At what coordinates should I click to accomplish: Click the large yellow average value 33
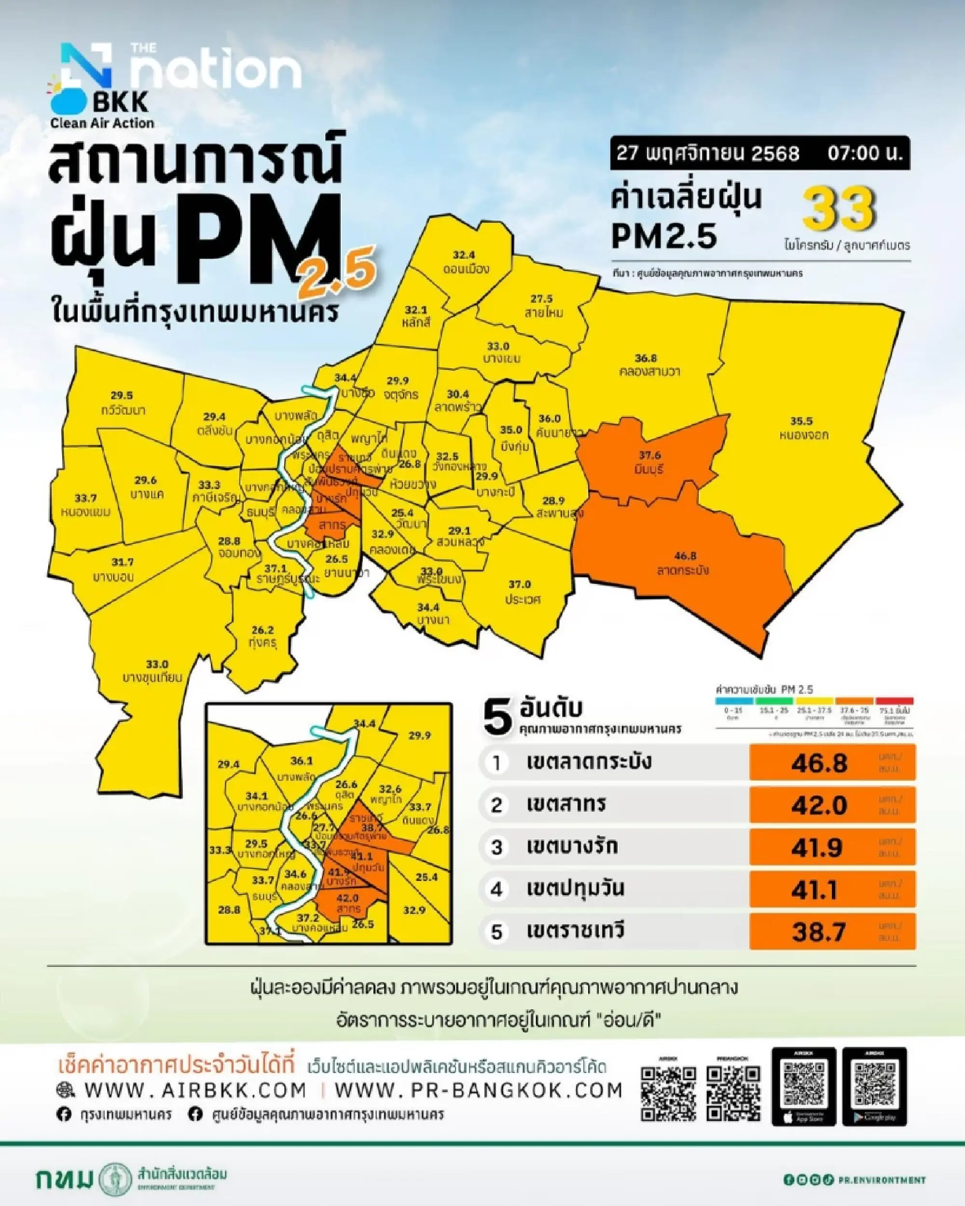(839, 210)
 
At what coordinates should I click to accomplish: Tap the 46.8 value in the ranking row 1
(819, 763)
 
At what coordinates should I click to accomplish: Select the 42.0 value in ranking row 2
(819, 805)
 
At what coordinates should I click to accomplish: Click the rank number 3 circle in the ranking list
(496, 847)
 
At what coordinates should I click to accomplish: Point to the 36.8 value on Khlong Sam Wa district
(646, 358)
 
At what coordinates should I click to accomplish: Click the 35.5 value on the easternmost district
(801, 421)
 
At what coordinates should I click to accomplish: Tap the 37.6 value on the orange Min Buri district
(649, 455)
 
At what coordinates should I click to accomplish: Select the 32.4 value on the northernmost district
(464, 255)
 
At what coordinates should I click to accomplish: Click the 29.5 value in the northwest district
(122, 395)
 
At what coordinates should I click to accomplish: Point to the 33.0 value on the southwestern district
(157, 664)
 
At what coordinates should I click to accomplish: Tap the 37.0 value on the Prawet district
(520, 584)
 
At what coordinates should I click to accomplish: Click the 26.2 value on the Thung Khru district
(262, 629)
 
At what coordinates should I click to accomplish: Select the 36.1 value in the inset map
(302, 761)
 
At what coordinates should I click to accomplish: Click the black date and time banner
(759, 153)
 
